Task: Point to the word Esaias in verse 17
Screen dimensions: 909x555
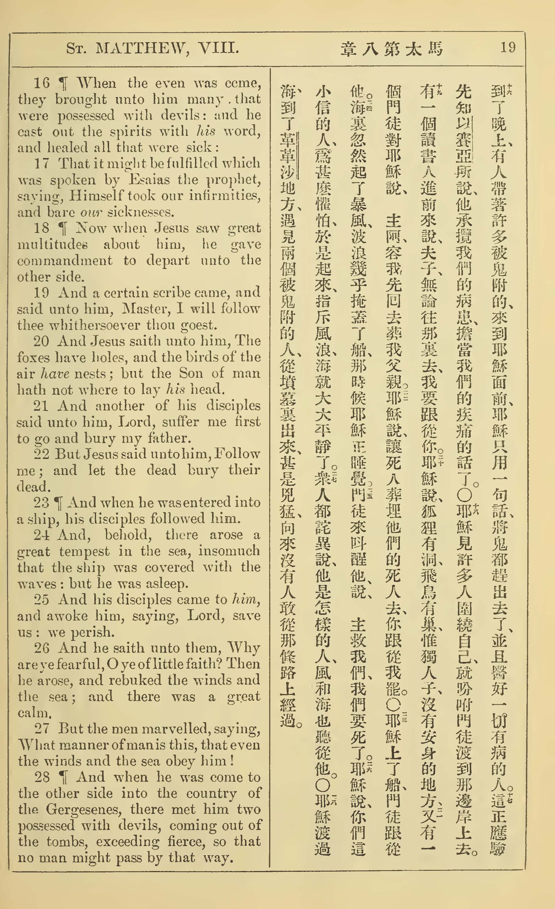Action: [150, 180]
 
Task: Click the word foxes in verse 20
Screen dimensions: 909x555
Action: [33, 357]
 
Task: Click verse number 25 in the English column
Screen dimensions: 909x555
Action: [41, 600]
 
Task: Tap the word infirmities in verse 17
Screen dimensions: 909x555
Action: [225, 195]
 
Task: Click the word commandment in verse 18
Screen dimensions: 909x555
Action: [65, 260]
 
